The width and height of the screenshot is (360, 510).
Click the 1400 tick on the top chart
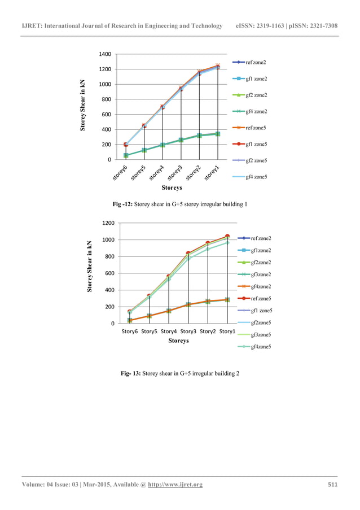tap(105, 54)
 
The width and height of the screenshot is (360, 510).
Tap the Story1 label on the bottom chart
tap(227, 332)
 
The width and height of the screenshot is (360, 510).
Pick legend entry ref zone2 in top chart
tap(256, 62)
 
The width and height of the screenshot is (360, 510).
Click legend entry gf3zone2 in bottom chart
tap(260, 274)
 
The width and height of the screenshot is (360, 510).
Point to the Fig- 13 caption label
tap(131, 373)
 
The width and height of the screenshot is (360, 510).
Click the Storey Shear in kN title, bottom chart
tap(90, 267)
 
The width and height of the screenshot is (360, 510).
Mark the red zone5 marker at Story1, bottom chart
tap(227, 236)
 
